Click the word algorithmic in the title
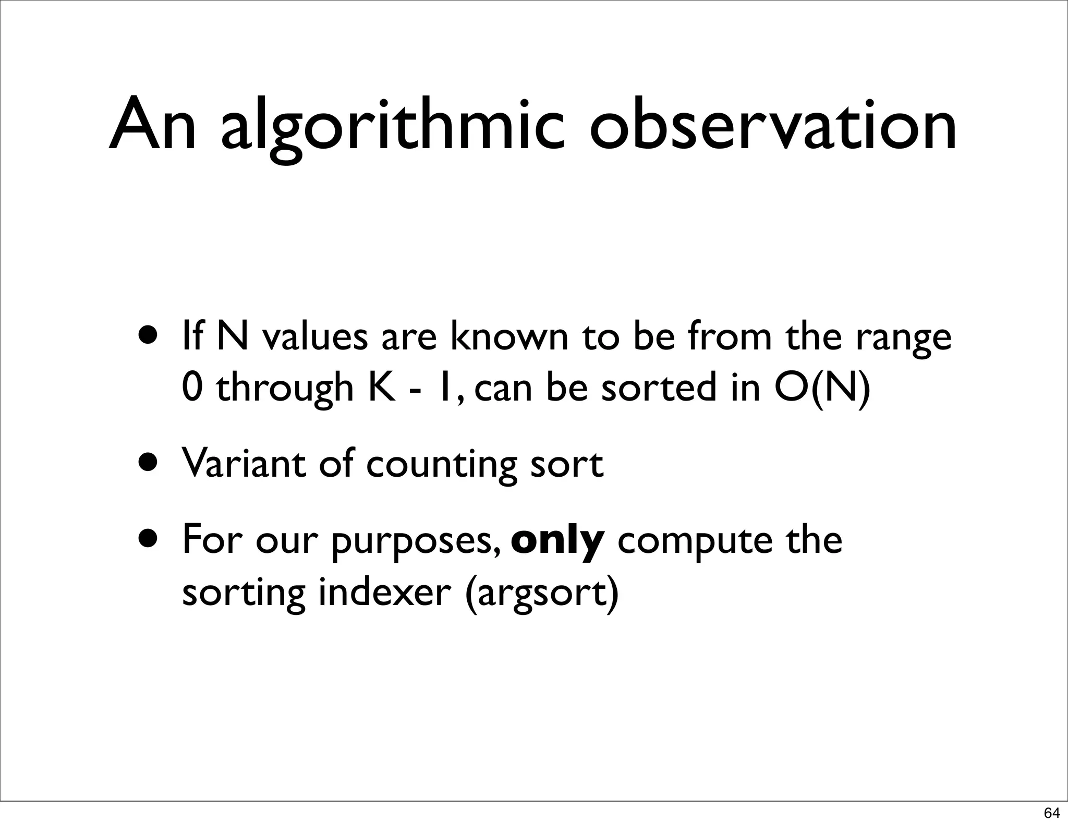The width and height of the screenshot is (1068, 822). pyautogui.click(x=392, y=128)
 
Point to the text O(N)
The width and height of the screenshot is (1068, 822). pyautogui.click(x=822, y=388)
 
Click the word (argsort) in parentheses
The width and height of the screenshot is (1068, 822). pyautogui.click(x=542, y=594)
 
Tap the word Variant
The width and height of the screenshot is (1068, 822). pyautogui.click(x=243, y=463)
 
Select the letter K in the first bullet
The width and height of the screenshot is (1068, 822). pyautogui.click(x=382, y=388)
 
